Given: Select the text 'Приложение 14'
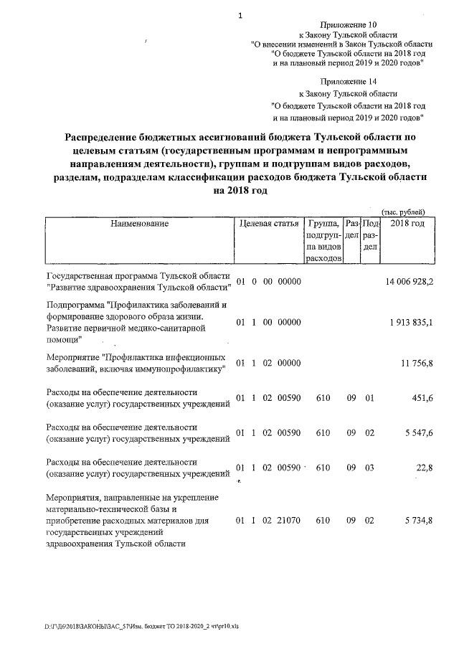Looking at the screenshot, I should coord(349,82).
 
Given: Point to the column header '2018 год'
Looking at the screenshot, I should coord(407,224).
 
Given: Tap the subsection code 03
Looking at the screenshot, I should coord(370,468).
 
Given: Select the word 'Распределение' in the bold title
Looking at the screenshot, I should coord(108,136).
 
